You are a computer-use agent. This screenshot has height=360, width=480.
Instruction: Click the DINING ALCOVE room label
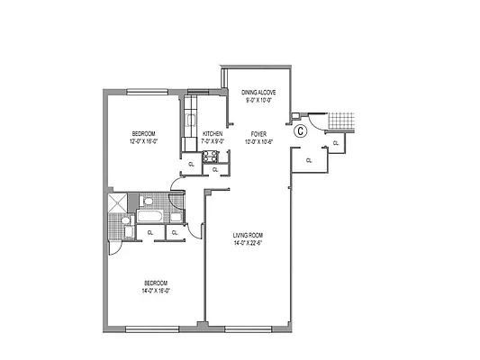[265, 92]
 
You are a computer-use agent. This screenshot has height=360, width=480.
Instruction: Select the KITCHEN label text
[212, 134]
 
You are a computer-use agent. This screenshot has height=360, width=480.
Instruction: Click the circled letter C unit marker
[301, 130]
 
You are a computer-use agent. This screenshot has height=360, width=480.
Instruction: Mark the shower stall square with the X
[118, 203]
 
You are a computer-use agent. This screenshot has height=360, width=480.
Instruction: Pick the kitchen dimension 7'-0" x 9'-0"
[212, 141]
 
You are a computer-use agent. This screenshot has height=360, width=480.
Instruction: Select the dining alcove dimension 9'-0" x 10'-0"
[265, 99]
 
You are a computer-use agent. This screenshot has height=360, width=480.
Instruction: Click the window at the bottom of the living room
[249, 328]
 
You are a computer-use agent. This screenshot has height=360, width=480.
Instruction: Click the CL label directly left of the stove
[190, 164]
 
